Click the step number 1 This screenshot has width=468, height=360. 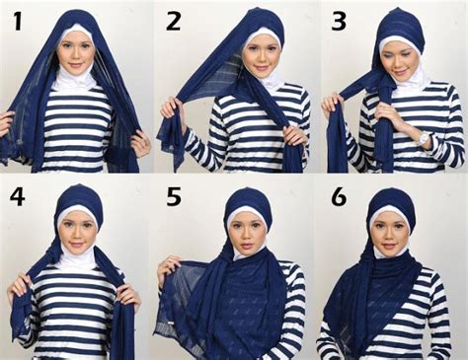click(x=17, y=22)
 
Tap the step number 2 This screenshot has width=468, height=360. click(x=174, y=22)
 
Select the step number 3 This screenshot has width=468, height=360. click(x=338, y=22)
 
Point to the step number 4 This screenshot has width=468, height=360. click(x=17, y=197)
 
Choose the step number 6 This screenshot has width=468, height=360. click(x=338, y=197)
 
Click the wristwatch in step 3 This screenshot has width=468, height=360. click(x=424, y=139)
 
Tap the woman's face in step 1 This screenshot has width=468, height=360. click(x=75, y=49)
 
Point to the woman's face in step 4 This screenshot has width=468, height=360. click(x=79, y=234)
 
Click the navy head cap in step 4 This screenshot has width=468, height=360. click(x=78, y=196)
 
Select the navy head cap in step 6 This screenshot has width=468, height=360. click(x=392, y=199)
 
